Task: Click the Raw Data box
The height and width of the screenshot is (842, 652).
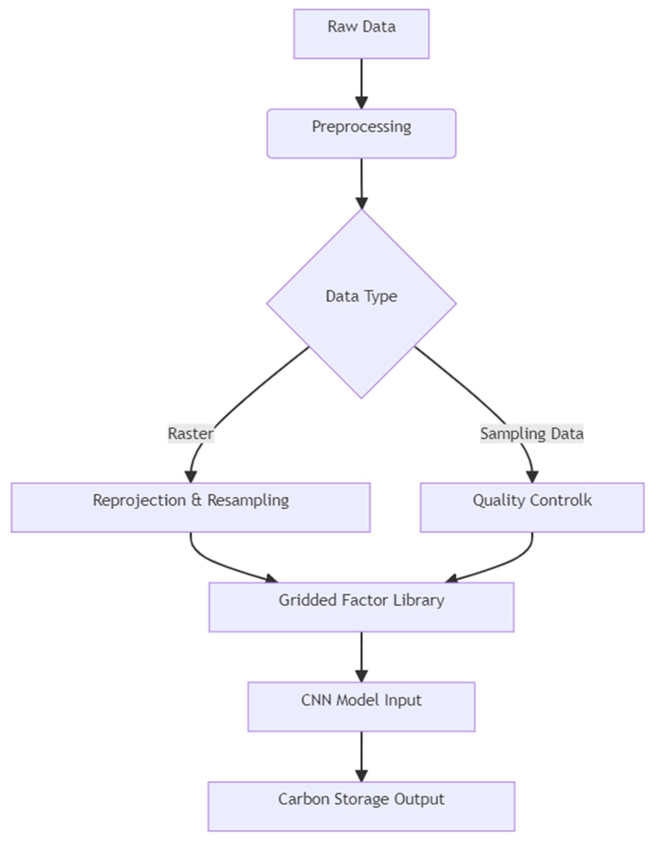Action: [x=361, y=34]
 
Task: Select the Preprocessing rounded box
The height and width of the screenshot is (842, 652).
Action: [x=361, y=133]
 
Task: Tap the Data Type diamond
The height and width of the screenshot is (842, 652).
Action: [x=361, y=303]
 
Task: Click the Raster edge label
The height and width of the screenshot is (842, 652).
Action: [x=190, y=433]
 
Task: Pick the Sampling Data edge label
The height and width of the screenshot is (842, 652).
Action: [x=531, y=433]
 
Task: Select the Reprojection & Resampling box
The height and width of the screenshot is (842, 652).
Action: [x=190, y=507]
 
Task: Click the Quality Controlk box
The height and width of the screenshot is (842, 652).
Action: [x=532, y=507]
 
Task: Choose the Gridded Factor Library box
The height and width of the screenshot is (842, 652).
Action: [x=361, y=607]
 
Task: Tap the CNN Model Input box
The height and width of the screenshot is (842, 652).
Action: [x=361, y=707]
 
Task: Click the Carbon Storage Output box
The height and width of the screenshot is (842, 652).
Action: [x=361, y=806]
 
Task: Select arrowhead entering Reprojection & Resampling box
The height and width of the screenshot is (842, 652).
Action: [x=190, y=476]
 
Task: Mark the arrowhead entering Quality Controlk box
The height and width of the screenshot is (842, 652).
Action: [x=532, y=476]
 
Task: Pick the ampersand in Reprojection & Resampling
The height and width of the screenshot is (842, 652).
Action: [x=196, y=501]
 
